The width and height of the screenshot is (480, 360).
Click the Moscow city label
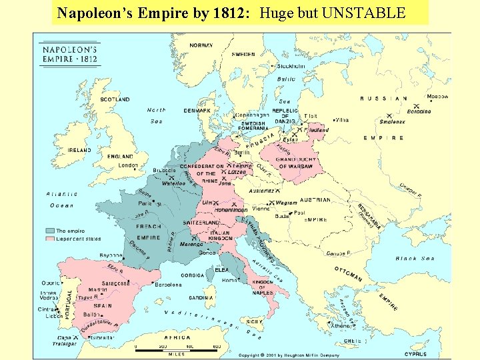(x=437, y=97)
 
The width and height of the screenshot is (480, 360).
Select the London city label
(x=127, y=165)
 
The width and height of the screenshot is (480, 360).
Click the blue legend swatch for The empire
(x=50, y=231)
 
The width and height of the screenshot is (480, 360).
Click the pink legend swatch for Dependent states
(x=50, y=238)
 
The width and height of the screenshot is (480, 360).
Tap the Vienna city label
(x=261, y=209)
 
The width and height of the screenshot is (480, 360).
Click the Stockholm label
(x=291, y=66)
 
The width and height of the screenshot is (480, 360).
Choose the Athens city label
(x=341, y=326)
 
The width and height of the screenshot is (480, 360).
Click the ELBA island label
(x=222, y=269)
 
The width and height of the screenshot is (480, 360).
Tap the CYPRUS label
(x=415, y=354)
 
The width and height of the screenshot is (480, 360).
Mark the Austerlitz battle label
(x=261, y=191)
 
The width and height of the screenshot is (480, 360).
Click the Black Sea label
(x=415, y=259)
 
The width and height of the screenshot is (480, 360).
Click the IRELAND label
(x=79, y=151)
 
